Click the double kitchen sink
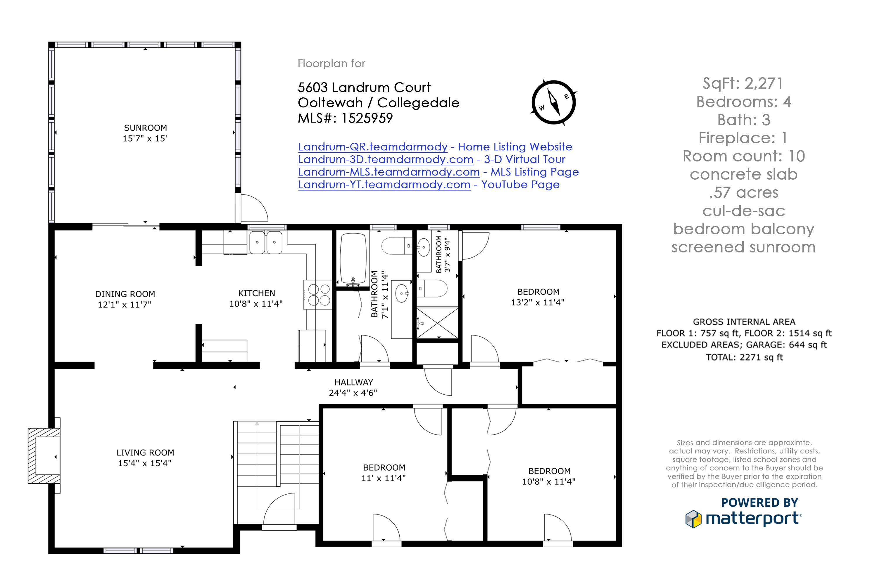coord(265,242)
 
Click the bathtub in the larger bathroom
coord(353,259)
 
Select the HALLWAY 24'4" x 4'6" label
coord(353,387)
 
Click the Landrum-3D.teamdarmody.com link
coord(386,159)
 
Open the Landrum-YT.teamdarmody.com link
coord(384,185)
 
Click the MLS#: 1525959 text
coord(345,118)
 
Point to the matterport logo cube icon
coord(693,519)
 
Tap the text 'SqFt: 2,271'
coord(743,83)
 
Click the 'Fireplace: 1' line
coord(743,138)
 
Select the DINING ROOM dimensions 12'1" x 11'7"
coord(125,305)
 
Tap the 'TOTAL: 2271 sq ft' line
coord(744,357)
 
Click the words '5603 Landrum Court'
coord(364,87)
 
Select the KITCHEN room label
coord(257,293)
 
